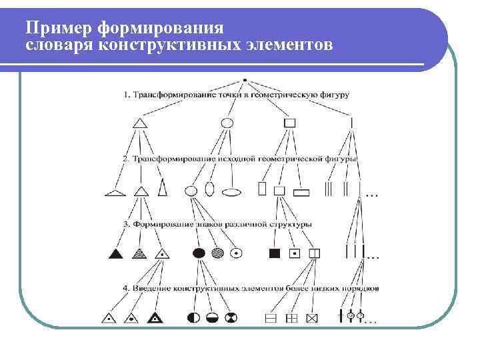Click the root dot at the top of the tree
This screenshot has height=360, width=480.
[245, 80]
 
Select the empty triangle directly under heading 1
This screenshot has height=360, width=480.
[139, 123]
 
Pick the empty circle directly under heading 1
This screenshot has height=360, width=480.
[227, 123]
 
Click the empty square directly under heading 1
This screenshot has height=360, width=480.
[289, 123]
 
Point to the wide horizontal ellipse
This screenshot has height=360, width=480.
[231, 193]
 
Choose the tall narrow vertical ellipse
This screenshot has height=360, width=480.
[209, 189]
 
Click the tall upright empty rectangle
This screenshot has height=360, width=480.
[262, 189]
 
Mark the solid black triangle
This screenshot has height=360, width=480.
[116, 253]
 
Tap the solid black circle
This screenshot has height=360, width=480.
[198, 253]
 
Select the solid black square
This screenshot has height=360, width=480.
[273, 253]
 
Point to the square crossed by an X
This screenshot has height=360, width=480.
[311, 318]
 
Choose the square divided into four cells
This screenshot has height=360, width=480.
[291, 318]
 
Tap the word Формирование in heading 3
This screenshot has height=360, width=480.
[163, 224]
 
